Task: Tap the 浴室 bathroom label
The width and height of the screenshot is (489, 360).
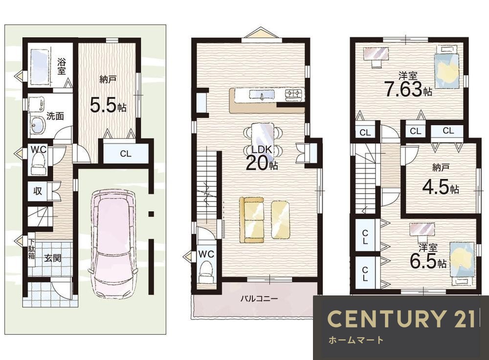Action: [x=62, y=66]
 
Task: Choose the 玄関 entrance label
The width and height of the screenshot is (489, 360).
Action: [x=52, y=258]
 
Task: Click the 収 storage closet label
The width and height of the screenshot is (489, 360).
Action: [x=38, y=191]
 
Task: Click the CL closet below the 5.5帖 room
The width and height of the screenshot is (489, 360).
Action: [x=126, y=154]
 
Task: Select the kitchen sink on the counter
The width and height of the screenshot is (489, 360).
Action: [x=261, y=94]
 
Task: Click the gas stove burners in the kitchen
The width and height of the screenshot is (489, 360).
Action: [x=294, y=94]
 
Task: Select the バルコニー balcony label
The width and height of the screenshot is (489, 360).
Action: [x=259, y=299]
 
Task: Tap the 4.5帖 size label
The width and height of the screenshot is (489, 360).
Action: [x=441, y=188]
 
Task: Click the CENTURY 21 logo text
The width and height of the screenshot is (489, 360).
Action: [x=401, y=319]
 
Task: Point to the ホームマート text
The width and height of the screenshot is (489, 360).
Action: [x=356, y=340]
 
